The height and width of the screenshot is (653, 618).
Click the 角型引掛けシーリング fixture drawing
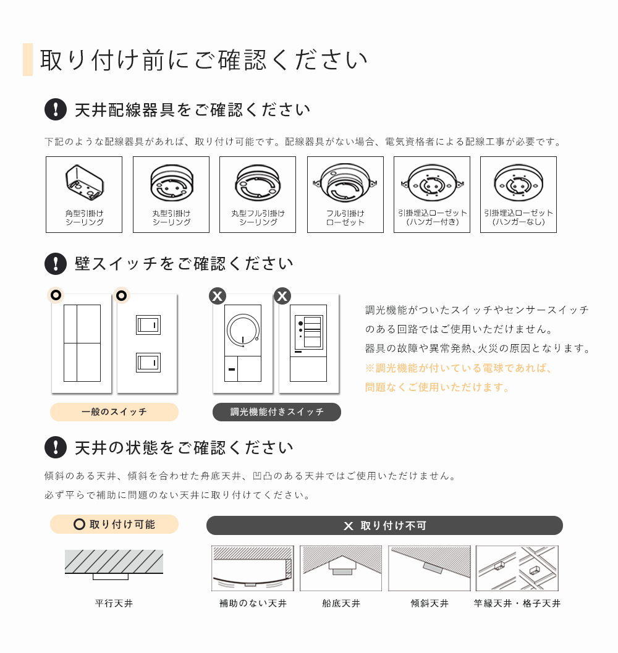click(84, 183)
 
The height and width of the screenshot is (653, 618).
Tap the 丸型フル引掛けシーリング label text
click(258, 217)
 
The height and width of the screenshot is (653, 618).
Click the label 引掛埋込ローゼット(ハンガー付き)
click(432, 217)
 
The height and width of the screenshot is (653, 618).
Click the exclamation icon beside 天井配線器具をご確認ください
click(56, 109)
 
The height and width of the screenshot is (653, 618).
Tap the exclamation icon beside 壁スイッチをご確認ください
click(56, 264)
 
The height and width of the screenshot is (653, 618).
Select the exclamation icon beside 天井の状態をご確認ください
click(56, 447)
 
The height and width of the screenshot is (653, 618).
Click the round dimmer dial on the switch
click(243, 331)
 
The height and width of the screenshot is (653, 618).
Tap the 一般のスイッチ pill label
click(114, 412)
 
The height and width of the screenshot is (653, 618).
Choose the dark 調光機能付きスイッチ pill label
click(277, 412)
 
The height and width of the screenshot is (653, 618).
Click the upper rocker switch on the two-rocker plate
click(148, 324)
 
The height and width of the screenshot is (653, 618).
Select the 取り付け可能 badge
click(114, 525)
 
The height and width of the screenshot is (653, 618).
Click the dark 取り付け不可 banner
click(384, 526)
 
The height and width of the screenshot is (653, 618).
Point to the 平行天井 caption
click(114, 604)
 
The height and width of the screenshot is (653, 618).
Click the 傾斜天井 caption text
click(430, 604)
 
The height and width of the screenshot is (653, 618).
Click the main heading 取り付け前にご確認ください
click(204, 60)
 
